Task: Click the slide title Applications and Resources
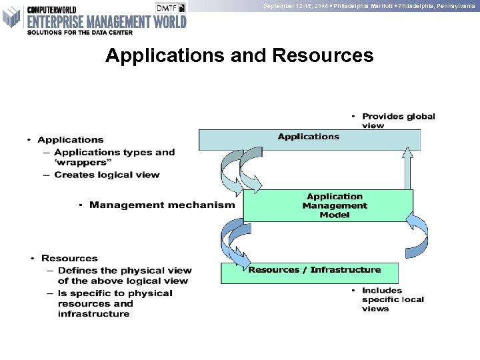(x=239, y=55)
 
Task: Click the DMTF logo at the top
(x=171, y=7)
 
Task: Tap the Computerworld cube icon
(x=12, y=17)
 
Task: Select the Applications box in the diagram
(x=309, y=139)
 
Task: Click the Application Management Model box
(x=328, y=206)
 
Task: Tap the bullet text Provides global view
(x=398, y=121)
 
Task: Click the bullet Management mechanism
(x=161, y=205)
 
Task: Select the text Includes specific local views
(x=393, y=299)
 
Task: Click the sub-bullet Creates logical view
(x=107, y=175)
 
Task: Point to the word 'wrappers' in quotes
(x=80, y=163)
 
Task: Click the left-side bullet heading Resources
(x=69, y=258)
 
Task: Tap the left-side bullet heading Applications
(x=70, y=139)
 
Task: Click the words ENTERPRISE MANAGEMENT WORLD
(x=107, y=21)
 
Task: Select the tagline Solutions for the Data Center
(x=80, y=32)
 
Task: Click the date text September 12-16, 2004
(x=293, y=5)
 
